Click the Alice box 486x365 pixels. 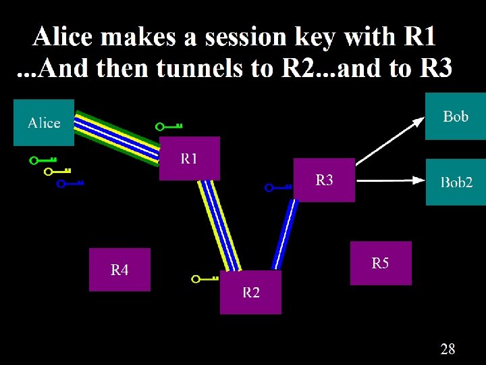[44, 122]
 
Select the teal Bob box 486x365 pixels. [455, 116]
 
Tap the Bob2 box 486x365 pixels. [456, 182]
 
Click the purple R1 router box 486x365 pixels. [189, 158]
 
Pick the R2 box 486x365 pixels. [250, 292]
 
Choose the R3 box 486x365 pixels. [324, 180]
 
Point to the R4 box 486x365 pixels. [119, 270]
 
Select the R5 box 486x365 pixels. [381, 263]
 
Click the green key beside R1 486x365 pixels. [169, 126]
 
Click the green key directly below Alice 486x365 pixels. [42, 161]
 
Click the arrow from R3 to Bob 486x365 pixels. [389, 140]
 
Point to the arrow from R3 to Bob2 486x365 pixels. [389, 180]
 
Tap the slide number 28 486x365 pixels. [448, 349]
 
